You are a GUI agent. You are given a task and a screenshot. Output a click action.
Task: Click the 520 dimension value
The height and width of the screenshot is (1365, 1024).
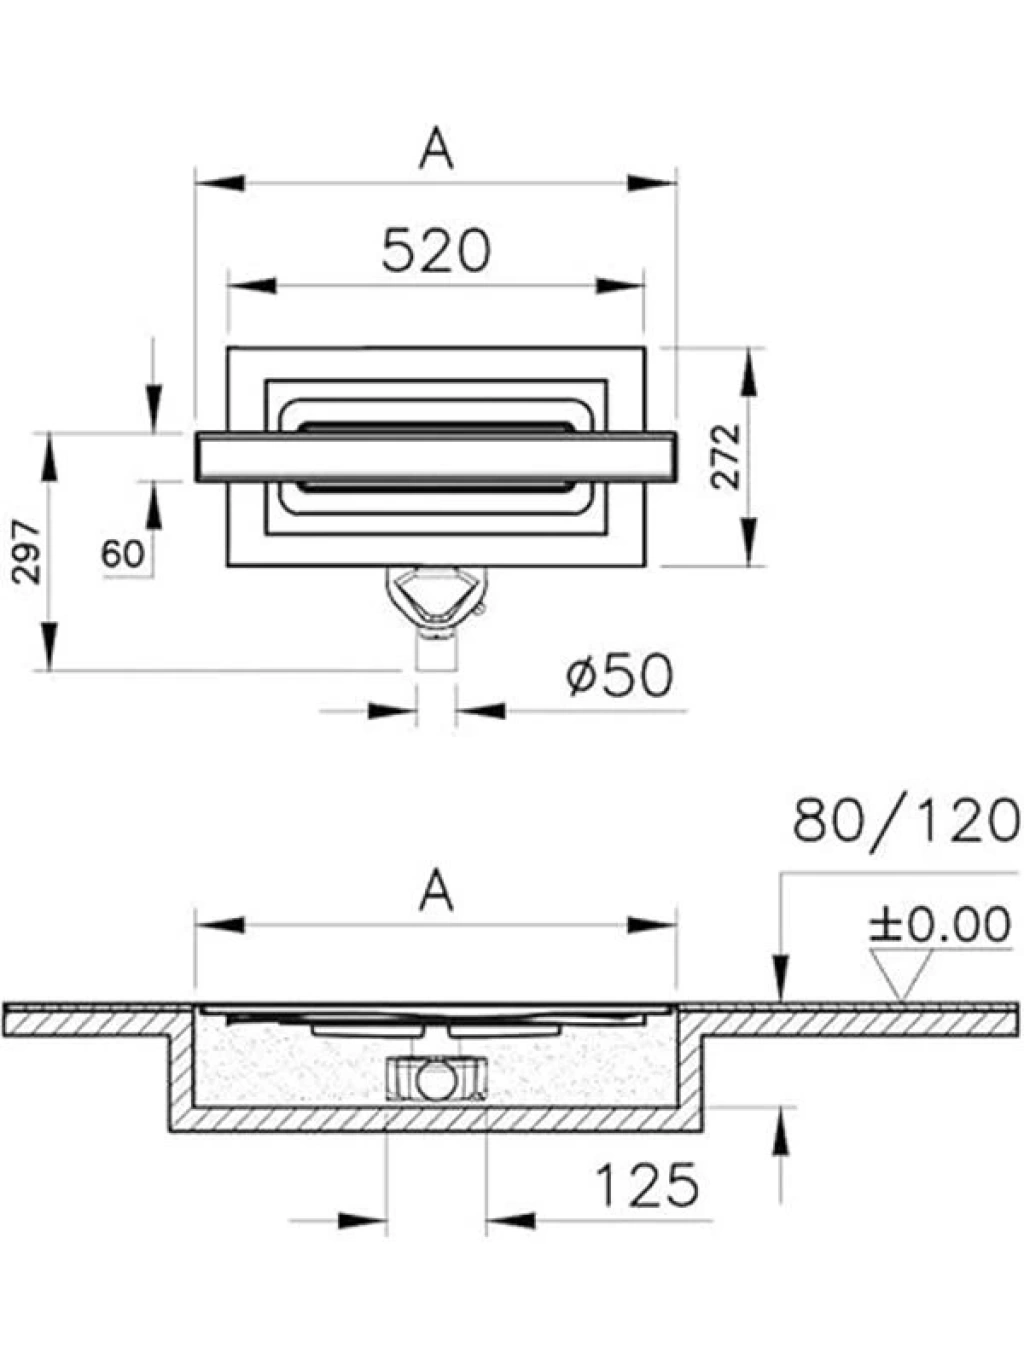pyautogui.click(x=436, y=250)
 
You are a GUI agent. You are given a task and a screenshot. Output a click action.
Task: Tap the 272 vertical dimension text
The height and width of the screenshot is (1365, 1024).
pyautogui.click(x=726, y=456)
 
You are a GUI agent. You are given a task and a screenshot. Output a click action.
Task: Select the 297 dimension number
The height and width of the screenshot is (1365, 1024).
pyautogui.click(x=27, y=552)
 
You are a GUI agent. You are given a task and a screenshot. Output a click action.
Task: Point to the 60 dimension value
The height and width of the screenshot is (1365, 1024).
pyautogui.click(x=123, y=553)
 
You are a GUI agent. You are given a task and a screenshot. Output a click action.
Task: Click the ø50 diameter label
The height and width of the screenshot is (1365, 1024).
pyautogui.click(x=619, y=675)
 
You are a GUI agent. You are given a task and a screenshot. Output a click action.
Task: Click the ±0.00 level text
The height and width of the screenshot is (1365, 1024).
pyautogui.click(x=939, y=924)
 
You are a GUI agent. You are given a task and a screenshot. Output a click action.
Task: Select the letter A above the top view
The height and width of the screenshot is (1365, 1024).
pyautogui.click(x=436, y=148)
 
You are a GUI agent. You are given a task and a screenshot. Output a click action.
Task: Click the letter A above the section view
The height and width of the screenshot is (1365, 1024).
pyautogui.click(x=436, y=890)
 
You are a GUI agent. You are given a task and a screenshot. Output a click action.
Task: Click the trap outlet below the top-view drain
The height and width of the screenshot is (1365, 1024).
pyautogui.click(x=436, y=602)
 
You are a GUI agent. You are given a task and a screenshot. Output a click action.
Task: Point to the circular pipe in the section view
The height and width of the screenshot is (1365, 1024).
pyautogui.click(x=435, y=1080)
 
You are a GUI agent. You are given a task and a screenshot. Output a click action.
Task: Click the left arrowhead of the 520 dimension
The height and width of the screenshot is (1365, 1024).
pyautogui.click(x=252, y=285)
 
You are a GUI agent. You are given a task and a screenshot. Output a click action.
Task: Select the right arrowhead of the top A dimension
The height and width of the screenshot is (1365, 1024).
pyautogui.click(x=652, y=183)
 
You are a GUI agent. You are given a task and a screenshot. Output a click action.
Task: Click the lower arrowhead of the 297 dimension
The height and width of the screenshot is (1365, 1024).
pyautogui.click(x=50, y=647)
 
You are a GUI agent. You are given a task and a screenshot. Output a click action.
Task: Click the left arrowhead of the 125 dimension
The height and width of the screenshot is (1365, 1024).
pyautogui.click(x=362, y=1221)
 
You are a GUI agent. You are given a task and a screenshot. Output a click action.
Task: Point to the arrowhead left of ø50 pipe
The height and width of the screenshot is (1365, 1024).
pyautogui.click(x=392, y=710)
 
